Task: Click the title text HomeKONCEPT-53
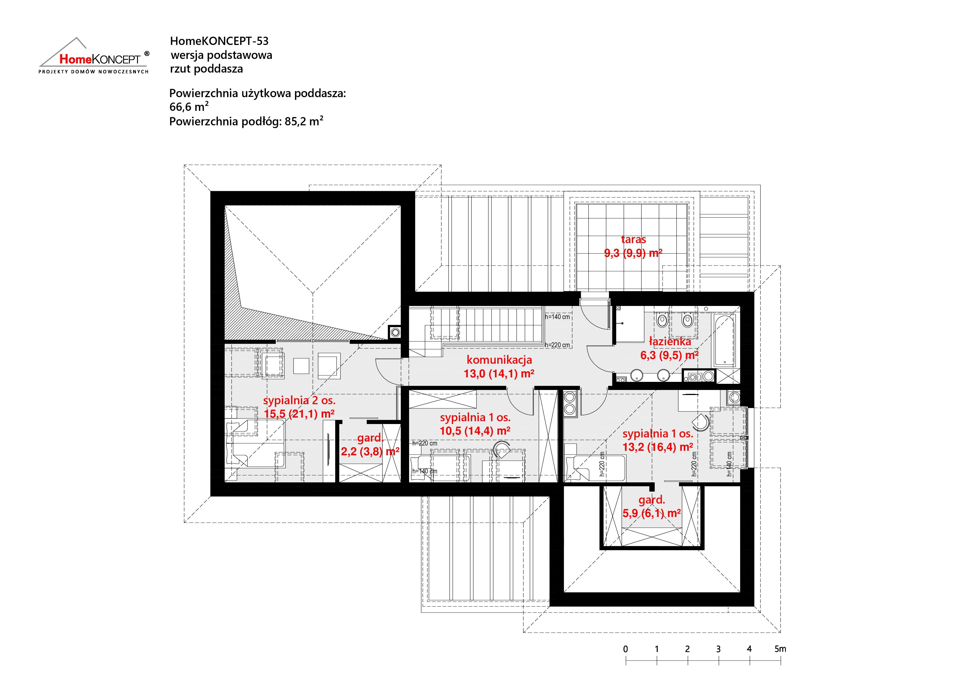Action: (219, 41)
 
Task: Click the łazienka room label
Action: (670, 341)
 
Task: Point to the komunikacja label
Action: (499, 360)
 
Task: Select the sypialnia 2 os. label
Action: (299, 400)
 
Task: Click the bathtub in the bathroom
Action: (724, 340)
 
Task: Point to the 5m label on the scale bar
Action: (780, 649)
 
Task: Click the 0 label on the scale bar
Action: (625, 649)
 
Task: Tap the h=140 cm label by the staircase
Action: (557, 317)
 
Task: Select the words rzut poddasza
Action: (206, 69)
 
